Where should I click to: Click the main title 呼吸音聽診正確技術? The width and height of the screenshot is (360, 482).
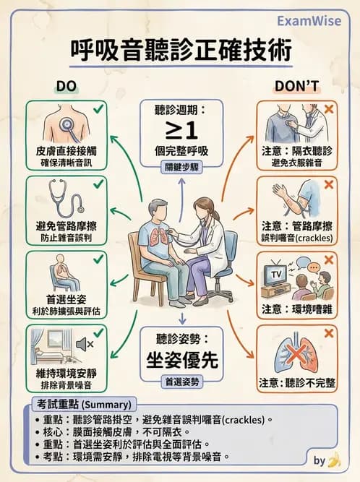(x=181, y=51)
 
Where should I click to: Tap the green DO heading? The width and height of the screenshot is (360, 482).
(x=67, y=87)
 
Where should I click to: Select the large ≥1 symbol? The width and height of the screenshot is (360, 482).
(x=179, y=132)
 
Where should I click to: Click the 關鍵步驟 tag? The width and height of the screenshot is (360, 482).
(x=179, y=165)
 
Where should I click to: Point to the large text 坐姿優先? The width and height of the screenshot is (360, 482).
(x=179, y=359)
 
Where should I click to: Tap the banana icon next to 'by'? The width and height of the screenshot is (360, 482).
(x=334, y=459)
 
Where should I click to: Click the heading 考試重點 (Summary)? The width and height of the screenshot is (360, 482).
(x=82, y=403)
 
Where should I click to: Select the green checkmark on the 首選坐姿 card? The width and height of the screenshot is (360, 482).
(x=98, y=258)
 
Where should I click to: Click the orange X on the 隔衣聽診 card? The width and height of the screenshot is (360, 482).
(x=330, y=109)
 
